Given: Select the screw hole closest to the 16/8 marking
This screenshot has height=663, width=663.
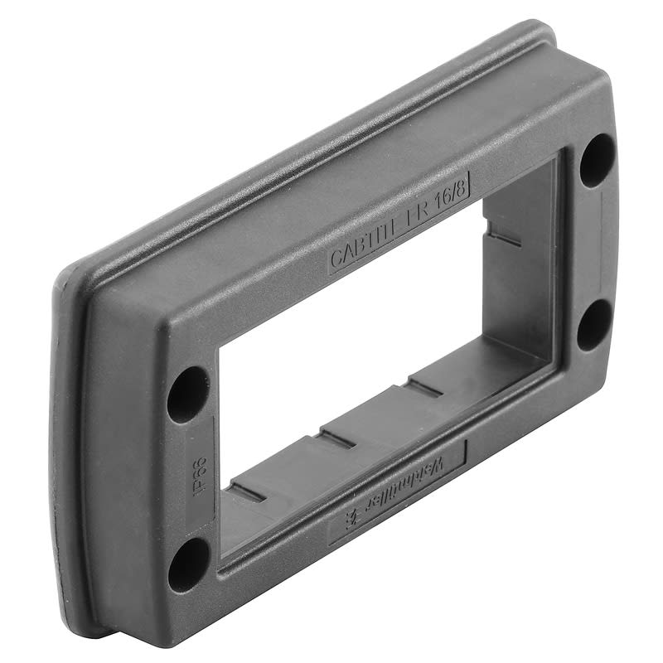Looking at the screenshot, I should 597,159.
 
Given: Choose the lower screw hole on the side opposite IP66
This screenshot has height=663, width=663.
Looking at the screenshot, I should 593,323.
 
